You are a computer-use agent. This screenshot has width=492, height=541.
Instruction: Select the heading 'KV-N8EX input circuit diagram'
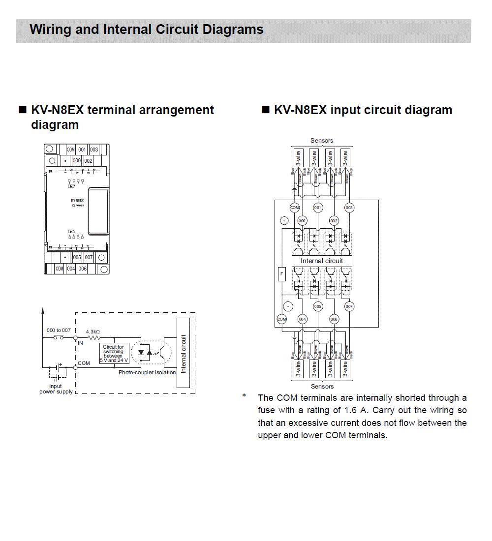[x=363, y=110]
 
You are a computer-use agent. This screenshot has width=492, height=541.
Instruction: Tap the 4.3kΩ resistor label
[x=93, y=332]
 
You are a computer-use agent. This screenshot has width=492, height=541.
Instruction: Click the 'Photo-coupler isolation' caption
[x=147, y=372]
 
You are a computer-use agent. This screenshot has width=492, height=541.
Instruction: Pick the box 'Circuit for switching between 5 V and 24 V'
[x=114, y=354]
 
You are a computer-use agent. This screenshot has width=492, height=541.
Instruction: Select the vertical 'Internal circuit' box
[x=184, y=354]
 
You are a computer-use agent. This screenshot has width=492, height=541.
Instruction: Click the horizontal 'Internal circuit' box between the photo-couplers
[x=322, y=261]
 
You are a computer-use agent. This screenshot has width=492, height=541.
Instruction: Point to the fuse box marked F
[x=281, y=274]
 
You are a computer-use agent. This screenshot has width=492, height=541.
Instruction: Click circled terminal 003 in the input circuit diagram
[x=349, y=208]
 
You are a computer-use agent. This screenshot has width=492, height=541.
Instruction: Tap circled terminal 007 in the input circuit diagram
[x=349, y=306]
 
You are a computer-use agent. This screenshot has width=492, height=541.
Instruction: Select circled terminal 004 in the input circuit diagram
[x=302, y=319]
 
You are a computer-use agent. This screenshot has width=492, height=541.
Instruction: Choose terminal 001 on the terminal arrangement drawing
[x=82, y=150]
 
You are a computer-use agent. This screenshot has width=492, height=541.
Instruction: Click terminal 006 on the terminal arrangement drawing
[x=83, y=269]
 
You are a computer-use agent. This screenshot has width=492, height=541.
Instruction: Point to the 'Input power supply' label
[x=56, y=389]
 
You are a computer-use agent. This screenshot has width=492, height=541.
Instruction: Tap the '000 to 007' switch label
[x=59, y=330]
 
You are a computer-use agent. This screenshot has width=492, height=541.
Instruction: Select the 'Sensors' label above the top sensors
[x=322, y=141]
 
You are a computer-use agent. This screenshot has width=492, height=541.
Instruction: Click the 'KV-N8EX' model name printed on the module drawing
[x=77, y=201]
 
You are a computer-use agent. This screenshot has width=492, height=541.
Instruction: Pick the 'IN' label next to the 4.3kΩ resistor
[x=80, y=343]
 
